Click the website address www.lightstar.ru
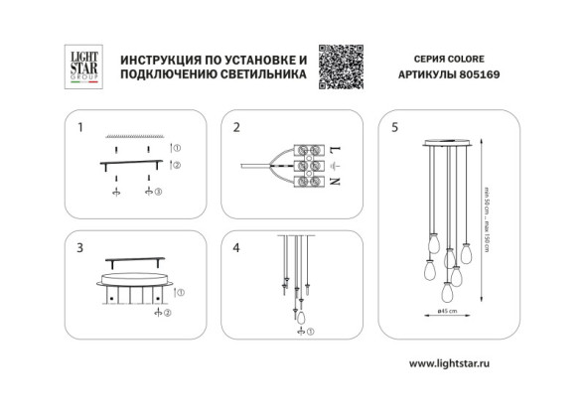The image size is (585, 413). coord(450,364)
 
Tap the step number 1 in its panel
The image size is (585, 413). coord(82,127)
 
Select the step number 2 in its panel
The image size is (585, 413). coord(236,127)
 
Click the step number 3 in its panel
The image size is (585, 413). coord(82,247)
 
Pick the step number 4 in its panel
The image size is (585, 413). coord(236,247)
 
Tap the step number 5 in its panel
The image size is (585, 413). coord(395,127)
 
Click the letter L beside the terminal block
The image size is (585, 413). coord(335,145)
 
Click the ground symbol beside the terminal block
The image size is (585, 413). coord(335,164)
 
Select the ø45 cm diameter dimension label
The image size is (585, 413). coord(447,312)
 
